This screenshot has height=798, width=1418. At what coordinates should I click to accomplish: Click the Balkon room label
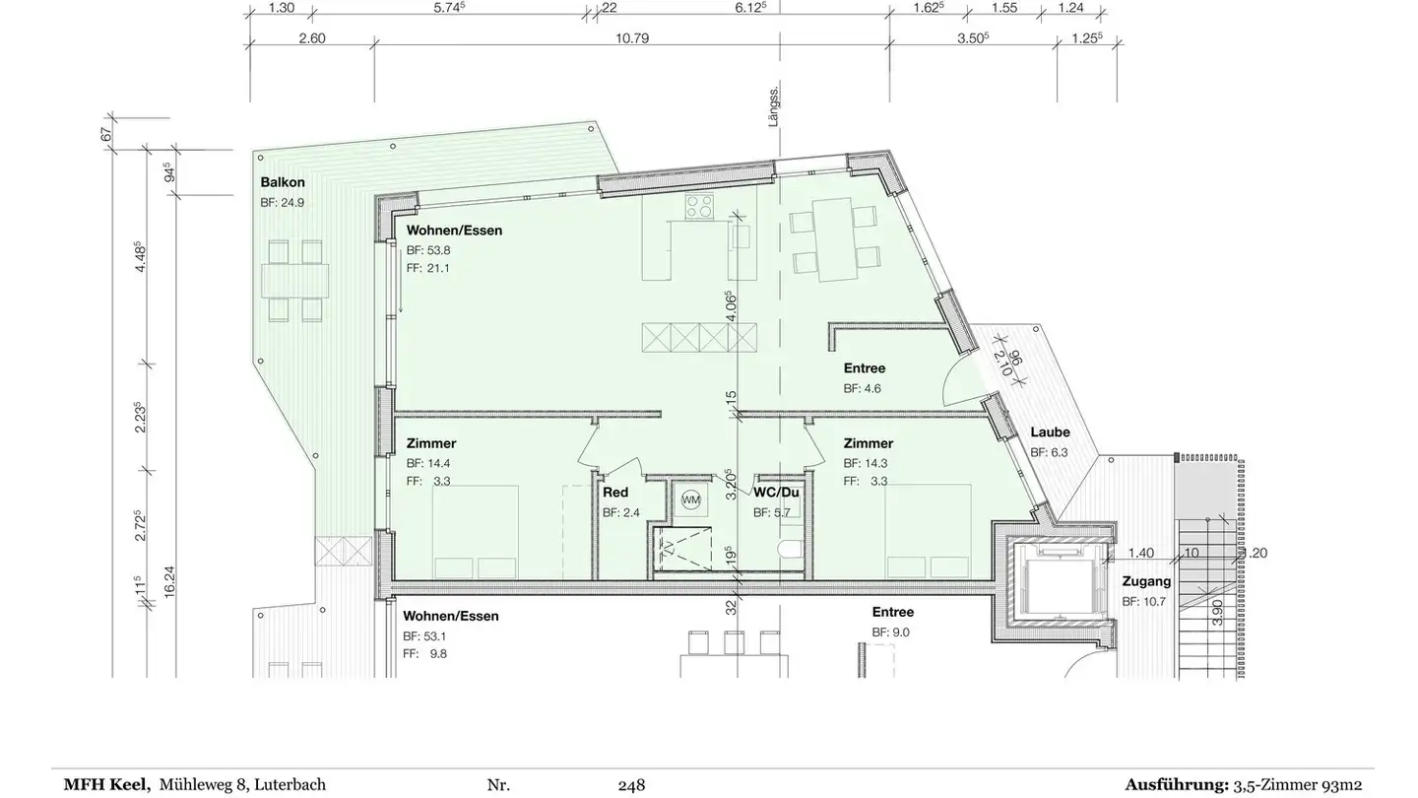click(x=283, y=182)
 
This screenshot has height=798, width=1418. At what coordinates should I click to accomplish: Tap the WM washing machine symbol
click(x=691, y=499)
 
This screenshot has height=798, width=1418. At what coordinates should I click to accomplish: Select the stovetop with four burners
click(x=699, y=206)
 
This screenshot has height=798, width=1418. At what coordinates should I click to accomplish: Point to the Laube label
click(x=1050, y=432)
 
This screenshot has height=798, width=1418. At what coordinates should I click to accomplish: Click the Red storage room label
click(x=615, y=493)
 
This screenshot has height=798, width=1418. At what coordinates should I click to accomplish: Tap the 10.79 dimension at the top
click(x=632, y=38)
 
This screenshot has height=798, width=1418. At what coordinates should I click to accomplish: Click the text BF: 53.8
click(x=428, y=250)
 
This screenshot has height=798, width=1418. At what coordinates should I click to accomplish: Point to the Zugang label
click(x=1146, y=581)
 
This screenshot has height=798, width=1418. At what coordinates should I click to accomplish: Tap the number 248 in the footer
click(x=631, y=785)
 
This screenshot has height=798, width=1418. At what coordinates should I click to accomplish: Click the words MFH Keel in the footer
click(x=107, y=784)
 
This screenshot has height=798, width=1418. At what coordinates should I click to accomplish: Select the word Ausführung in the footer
click(x=1176, y=785)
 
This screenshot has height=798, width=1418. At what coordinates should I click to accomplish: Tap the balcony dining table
click(x=295, y=280)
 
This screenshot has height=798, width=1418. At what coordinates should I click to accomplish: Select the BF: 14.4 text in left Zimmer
click(x=428, y=463)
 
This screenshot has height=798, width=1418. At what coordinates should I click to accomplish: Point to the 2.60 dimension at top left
click(x=312, y=38)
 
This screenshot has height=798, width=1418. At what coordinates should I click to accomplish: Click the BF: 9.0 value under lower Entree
click(x=890, y=632)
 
